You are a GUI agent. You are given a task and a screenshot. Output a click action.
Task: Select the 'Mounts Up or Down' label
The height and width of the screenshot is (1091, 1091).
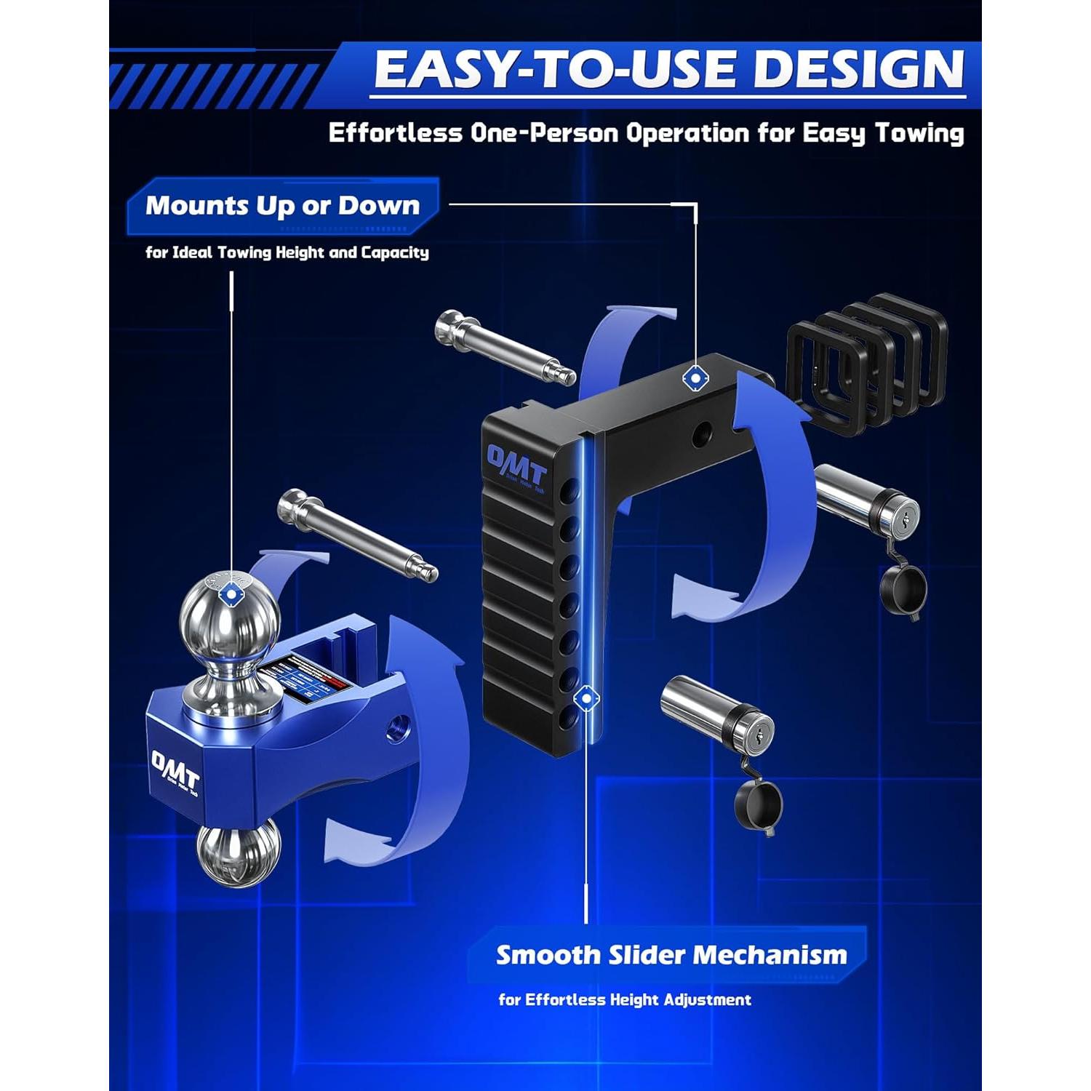click(282, 206)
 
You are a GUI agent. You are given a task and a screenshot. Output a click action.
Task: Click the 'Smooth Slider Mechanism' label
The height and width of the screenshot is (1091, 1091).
click(671, 955)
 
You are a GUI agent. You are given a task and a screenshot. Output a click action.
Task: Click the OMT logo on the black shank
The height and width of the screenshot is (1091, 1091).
click(516, 467)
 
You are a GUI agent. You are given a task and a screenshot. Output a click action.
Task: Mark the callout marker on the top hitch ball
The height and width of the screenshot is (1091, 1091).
click(231, 594)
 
